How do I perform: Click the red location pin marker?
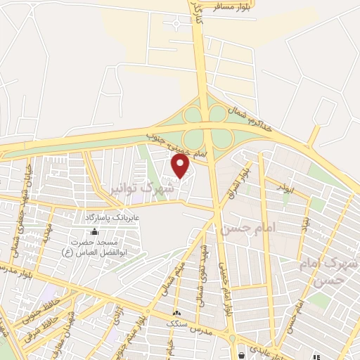tap(181, 166)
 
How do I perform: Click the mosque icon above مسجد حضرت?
tap(95, 231)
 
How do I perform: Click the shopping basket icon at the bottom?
tap(242, 354)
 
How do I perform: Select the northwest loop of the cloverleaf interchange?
tap(192, 115)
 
